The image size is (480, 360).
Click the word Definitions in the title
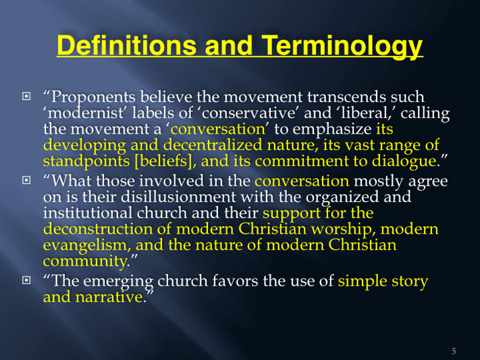click(x=126, y=45)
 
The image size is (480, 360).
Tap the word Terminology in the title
click(x=342, y=46)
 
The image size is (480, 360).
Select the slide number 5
click(x=454, y=351)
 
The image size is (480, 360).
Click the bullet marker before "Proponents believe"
click(x=26, y=96)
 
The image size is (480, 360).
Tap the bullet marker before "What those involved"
click(x=26, y=180)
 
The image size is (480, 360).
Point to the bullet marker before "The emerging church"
click(x=26, y=280)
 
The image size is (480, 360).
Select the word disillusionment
click(x=178, y=197)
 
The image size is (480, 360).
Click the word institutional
click(x=88, y=213)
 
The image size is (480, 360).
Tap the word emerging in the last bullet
click(x=118, y=282)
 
